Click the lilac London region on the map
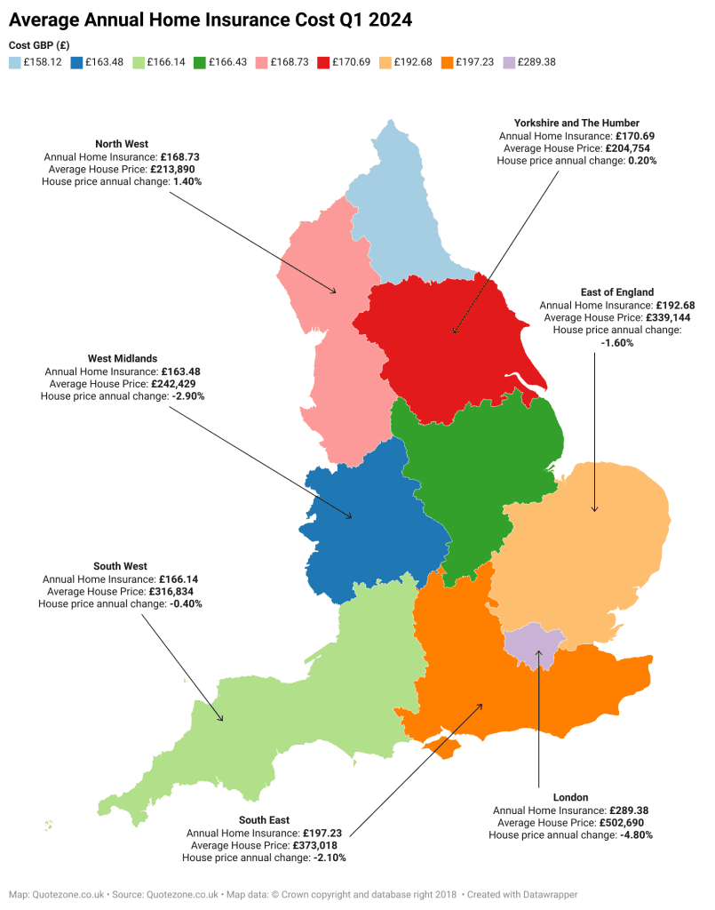click(530, 642)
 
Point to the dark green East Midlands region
click(480, 471)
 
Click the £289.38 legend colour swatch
click(507, 62)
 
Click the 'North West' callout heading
click(122, 144)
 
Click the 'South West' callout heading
click(120, 566)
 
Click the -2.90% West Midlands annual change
click(187, 396)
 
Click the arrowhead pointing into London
click(538, 655)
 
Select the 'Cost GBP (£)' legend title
click(39, 45)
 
